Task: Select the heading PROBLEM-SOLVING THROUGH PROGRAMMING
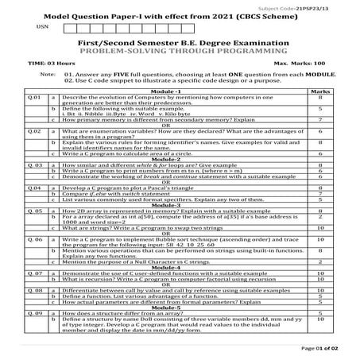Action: point(180,49)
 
